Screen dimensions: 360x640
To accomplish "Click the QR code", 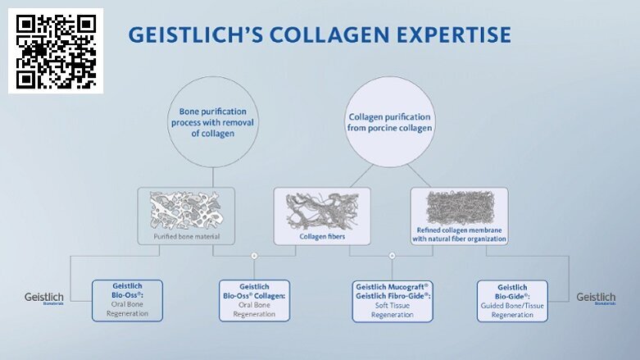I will [56, 51].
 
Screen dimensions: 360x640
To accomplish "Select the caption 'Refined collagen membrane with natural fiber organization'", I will [459, 235].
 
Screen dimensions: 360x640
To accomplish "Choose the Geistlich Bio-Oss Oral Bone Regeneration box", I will [128, 300].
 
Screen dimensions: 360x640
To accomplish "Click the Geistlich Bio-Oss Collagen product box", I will [254, 300].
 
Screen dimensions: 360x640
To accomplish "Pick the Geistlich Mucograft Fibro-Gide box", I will [393, 300].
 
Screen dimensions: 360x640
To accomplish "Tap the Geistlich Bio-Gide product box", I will [512, 300].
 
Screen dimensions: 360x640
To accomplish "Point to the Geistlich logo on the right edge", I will [596, 298].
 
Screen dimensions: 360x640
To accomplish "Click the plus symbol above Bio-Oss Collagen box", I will [254, 256].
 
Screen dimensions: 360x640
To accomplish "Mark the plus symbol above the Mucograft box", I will [393, 256].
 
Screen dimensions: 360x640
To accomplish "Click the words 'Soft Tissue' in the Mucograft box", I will [393, 305].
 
